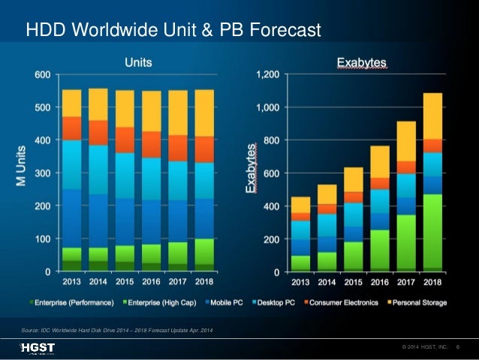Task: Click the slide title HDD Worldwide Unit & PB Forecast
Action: (x=173, y=31)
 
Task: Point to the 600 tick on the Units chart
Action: (x=42, y=74)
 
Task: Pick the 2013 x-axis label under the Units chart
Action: (x=72, y=283)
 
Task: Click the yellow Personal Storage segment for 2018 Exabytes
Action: (x=432, y=116)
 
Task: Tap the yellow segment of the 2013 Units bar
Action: (x=72, y=103)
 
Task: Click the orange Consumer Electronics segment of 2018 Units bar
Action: (x=204, y=149)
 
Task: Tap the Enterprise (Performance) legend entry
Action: (x=69, y=303)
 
